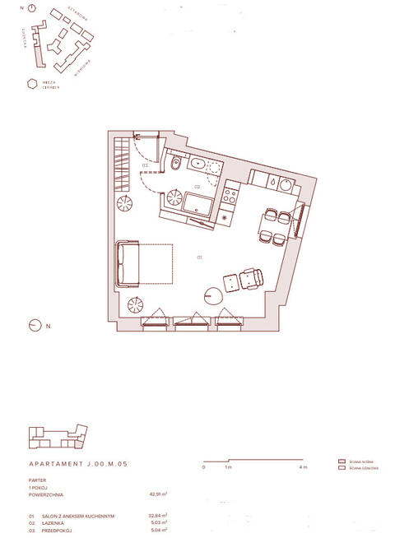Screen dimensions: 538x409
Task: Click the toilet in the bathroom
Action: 177,168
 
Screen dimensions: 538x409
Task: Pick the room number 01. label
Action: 199,257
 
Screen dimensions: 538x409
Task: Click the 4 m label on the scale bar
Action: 303,467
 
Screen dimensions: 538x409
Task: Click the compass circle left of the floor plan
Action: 35,325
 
